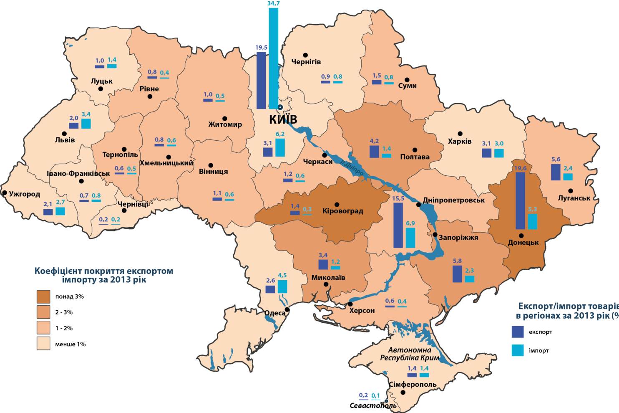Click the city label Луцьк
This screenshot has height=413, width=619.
coord(102,81)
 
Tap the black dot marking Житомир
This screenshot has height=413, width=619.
coord(224,119)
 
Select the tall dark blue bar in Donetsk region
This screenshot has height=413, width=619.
coord(520,200)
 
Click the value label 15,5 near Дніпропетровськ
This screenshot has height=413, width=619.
coord(398,198)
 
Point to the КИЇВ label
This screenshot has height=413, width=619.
coord(283,120)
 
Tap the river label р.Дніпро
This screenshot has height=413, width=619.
coord(352,167)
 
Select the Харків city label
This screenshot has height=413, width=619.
coord(460,142)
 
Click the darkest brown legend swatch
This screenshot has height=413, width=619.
coord(43,296)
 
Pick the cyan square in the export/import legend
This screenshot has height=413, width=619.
coord(518,350)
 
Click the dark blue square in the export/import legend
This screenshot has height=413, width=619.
coord(518,332)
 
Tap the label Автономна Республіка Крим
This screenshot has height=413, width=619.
coord(409,354)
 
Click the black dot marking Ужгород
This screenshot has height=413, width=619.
coord(5,193)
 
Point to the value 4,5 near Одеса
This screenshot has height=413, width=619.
coord(282,275)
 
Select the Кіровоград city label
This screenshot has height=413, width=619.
coord(342,211)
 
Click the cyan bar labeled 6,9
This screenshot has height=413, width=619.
coord(410,238)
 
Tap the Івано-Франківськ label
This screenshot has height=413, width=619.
coord(78,174)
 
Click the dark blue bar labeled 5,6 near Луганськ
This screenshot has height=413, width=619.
coord(556,172)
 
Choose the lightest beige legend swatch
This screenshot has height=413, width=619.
coord(43,343)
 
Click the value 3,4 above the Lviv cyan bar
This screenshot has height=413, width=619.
coord(86,114)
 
